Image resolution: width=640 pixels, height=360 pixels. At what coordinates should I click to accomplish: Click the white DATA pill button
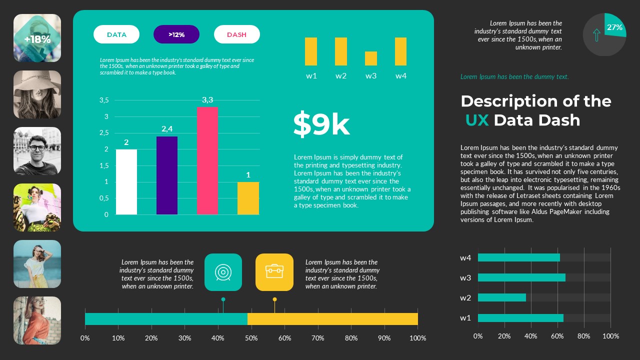click(116, 34)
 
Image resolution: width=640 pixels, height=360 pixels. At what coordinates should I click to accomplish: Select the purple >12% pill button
click(176, 34)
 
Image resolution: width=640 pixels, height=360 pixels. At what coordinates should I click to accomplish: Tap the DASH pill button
click(236, 34)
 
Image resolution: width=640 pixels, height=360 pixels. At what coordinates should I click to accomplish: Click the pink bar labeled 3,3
click(207, 160)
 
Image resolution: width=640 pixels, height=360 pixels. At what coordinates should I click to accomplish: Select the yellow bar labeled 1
click(248, 198)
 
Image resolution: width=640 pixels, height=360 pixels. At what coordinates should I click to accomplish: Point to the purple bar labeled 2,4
click(167, 175)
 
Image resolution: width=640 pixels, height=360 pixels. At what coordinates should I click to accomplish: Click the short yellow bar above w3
click(371, 58)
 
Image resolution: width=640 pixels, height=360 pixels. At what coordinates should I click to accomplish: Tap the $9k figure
click(321, 124)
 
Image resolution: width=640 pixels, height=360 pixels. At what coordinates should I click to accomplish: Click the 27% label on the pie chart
click(614, 28)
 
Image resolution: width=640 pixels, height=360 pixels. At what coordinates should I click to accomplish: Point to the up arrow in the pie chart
click(596, 35)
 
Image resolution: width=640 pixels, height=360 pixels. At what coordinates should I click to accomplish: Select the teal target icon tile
click(223, 272)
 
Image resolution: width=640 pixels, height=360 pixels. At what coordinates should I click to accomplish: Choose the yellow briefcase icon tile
click(274, 272)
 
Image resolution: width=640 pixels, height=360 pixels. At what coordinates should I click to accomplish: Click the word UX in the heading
click(476, 120)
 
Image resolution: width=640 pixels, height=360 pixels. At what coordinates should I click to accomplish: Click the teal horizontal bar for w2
click(502, 297)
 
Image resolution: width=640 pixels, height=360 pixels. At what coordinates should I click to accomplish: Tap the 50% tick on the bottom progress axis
click(251, 338)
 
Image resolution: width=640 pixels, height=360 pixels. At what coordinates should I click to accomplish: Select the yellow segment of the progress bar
click(332, 319)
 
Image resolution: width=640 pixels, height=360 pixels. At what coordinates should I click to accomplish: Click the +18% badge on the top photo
click(37, 39)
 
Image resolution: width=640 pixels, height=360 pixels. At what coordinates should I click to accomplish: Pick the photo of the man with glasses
click(37, 150)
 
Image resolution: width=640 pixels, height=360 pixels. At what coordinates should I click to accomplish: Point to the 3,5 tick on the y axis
click(104, 100)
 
